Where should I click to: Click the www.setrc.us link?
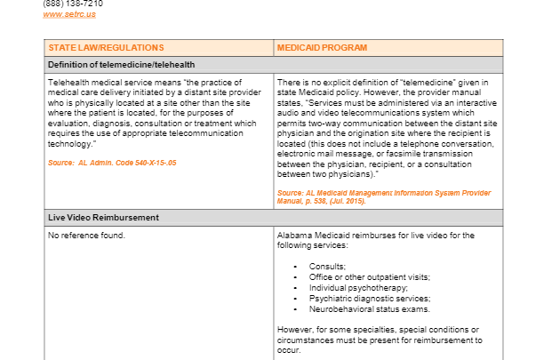(68, 14)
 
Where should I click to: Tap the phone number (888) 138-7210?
(73, 4)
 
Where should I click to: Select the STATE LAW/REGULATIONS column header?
(106, 47)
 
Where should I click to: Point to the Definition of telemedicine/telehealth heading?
(122, 65)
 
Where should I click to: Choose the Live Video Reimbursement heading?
(104, 218)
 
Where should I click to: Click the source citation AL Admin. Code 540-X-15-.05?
(112, 164)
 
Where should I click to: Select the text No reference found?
(86, 236)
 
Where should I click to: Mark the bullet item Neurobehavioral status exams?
(368, 309)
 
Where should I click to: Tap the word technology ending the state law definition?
(70, 143)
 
